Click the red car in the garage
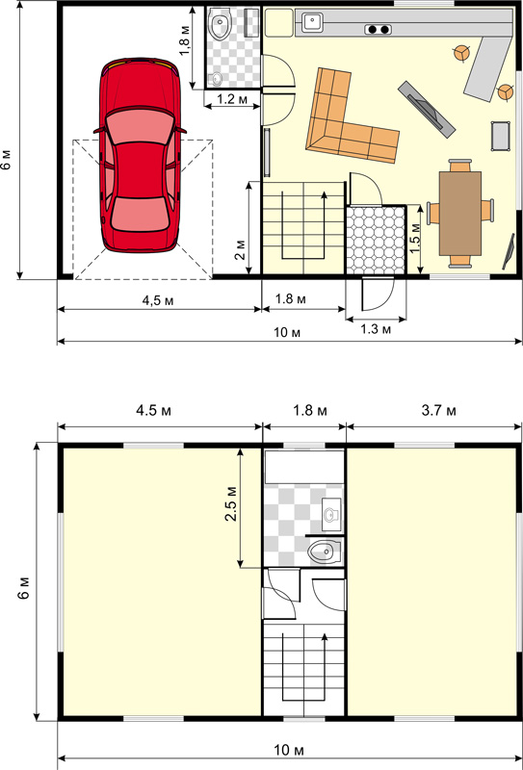tap(140, 155)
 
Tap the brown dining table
tap(460, 213)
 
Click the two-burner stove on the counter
tap(379, 30)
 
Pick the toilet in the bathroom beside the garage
tap(220, 26)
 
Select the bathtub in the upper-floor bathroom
tap(304, 467)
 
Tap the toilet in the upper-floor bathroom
tap(325, 552)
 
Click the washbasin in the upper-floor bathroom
tap(331, 514)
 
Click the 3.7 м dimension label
tap(439, 411)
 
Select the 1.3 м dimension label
tap(376, 329)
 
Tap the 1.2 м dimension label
tap(232, 100)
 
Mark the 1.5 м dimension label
tap(415, 239)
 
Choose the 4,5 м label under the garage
tap(158, 300)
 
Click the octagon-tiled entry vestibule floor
tap(376, 240)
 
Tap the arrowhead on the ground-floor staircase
tap(324, 196)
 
